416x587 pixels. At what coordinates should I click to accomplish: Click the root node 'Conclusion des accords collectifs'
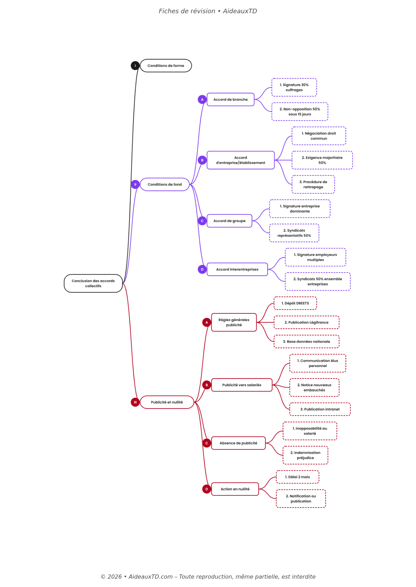tap(93, 283)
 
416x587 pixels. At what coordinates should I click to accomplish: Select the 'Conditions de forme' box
tap(166, 66)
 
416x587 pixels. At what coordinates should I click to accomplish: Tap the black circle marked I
tap(135, 66)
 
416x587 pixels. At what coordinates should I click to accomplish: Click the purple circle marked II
tap(135, 184)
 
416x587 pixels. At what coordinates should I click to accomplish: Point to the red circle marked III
tap(135, 402)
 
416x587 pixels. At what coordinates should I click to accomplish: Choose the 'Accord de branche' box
tap(230, 100)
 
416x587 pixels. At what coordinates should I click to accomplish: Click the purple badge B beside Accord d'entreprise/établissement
tap(202, 160)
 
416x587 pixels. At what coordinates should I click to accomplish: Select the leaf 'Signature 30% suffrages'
tap(294, 87)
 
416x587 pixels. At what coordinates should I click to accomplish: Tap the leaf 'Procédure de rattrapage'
tap(313, 184)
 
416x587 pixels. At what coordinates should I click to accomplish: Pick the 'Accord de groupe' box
tap(229, 221)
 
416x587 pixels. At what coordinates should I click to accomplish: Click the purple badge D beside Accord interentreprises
tap(202, 269)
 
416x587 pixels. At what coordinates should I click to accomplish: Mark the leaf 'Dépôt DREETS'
tap(295, 303)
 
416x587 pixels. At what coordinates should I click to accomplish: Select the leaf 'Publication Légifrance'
tap(306, 322)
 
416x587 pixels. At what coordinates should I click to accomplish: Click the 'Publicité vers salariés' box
tap(242, 385)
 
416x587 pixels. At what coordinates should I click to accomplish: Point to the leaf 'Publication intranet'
tap(320, 409)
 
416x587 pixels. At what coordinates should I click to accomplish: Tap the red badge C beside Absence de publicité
tap(207, 443)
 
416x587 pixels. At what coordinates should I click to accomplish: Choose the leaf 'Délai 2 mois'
tap(297, 477)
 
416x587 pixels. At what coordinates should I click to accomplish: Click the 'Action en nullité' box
tap(235, 489)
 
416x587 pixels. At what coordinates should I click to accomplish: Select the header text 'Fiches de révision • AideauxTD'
tap(208, 11)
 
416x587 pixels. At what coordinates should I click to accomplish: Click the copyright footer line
tap(208, 577)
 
